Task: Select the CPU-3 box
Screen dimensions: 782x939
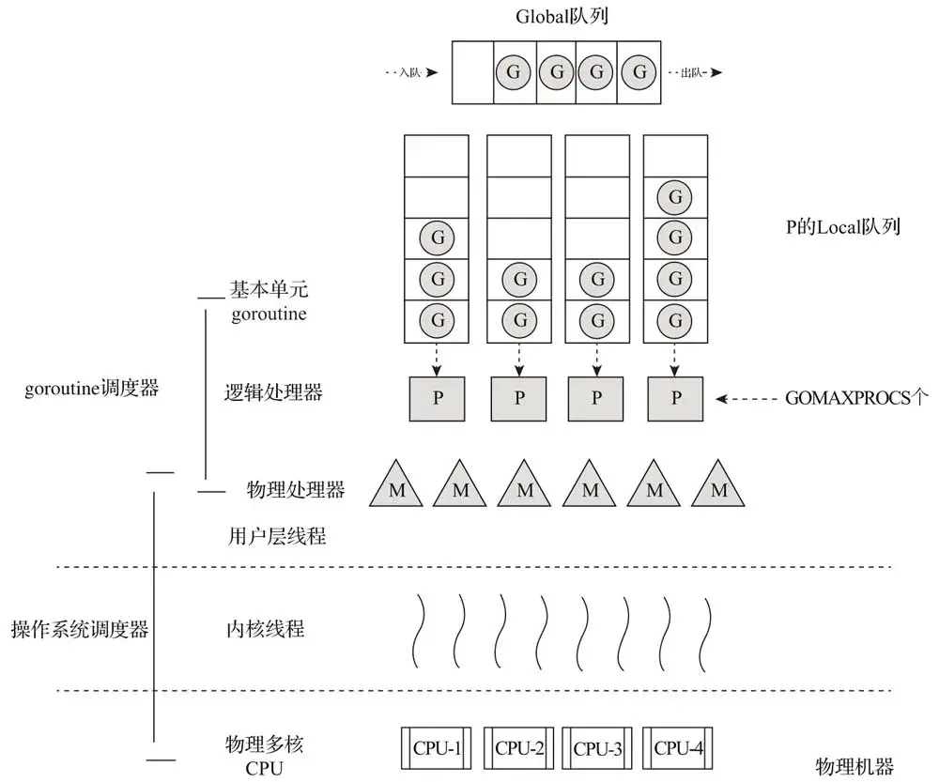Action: coord(597,748)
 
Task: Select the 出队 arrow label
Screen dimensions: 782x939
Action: coord(694,72)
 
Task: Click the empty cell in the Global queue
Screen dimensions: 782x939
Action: coord(472,72)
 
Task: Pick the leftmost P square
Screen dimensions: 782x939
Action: coord(438,398)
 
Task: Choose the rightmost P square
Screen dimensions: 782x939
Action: coord(676,398)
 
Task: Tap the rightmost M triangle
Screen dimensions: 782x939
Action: coord(720,486)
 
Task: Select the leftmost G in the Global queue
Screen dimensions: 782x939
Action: coord(514,72)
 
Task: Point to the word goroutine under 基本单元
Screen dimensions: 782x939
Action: coord(269,314)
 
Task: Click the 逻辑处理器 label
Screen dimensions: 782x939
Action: coord(273,392)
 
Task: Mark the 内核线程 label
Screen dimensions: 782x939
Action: coord(266,629)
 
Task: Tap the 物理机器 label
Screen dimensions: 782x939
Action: coord(854,766)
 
